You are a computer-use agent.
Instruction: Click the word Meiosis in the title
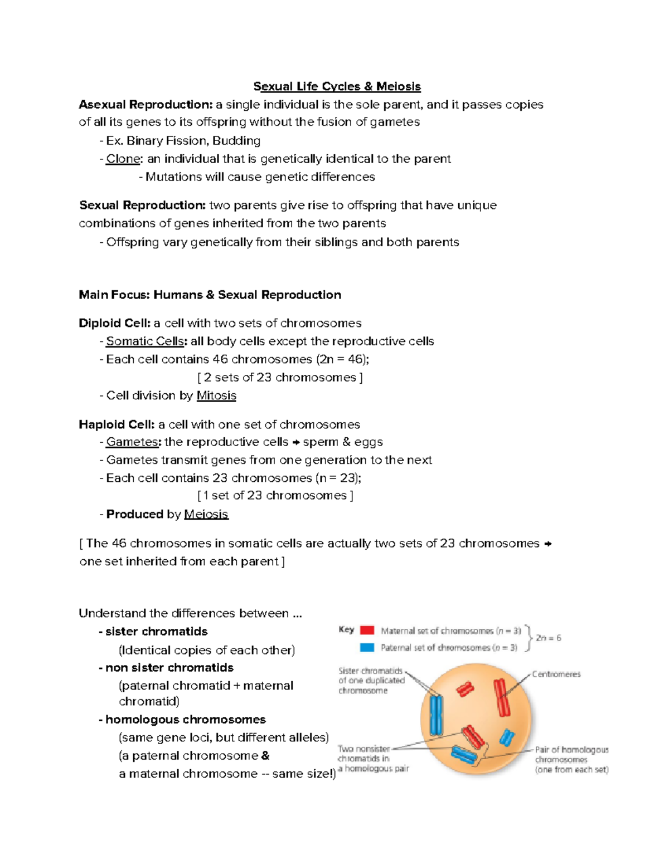(x=398, y=86)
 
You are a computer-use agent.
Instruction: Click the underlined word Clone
(x=123, y=159)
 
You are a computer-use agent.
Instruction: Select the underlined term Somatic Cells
(x=145, y=341)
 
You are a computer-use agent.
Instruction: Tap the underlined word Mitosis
(x=216, y=395)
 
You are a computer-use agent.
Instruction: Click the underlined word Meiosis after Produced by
(x=206, y=514)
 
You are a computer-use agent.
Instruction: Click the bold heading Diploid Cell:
(x=115, y=323)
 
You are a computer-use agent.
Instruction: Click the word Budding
(x=236, y=140)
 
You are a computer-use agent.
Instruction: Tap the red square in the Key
(x=367, y=631)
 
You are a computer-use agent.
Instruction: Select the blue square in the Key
(x=367, y=648)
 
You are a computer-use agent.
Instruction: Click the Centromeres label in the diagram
(x=556, y=674)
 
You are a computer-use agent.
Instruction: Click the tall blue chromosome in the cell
(x=435, y=715)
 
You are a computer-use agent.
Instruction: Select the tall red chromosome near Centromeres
(x=502, y=697)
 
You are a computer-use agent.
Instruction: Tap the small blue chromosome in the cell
(x=506, y=737)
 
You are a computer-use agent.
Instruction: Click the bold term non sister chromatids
(x=169, y=667)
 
